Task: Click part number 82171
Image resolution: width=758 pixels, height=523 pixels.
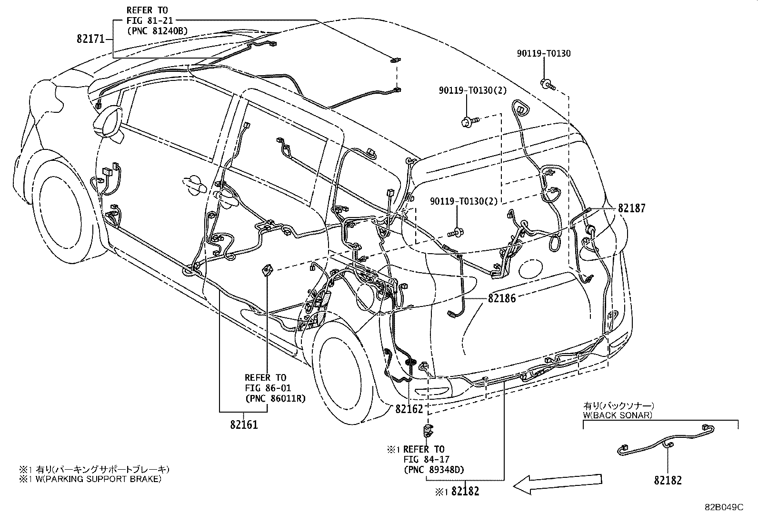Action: coord(90,39)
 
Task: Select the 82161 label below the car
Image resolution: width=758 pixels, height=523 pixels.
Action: coord(244,424)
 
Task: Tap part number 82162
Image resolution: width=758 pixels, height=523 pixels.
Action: coord(409,409)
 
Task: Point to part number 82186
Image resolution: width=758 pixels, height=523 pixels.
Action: coord(501,298)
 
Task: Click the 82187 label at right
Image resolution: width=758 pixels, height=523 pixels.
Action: coord(632,208)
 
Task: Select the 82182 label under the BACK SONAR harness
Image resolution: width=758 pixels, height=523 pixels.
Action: coord(668,481)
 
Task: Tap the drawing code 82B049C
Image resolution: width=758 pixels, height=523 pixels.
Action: coord(724,507)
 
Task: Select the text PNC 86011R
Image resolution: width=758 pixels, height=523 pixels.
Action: coord(275,398)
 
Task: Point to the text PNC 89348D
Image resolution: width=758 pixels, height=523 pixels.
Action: coord(434,470)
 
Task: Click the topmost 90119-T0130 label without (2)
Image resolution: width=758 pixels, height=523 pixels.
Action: coord(544,53)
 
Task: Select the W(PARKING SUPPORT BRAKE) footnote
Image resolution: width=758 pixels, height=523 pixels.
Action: coord(90,479)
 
